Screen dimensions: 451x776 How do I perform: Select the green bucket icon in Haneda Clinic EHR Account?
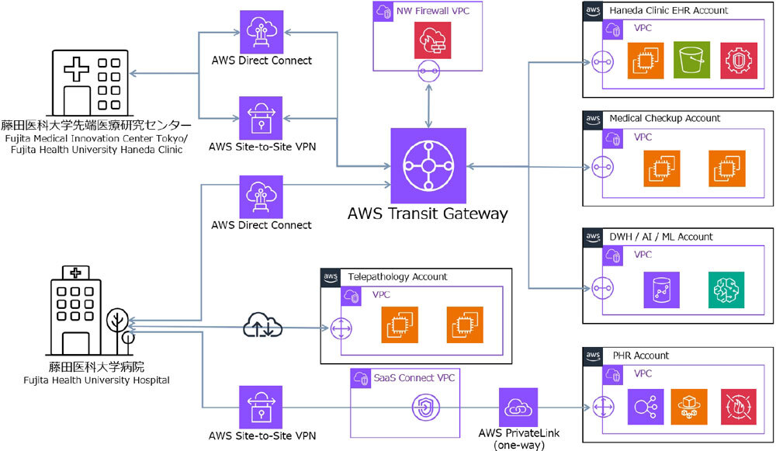coord(691,60)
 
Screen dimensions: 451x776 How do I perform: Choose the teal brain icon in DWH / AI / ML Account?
coord(726,290)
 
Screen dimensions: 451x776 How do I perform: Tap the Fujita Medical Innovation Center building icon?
coord(88,81)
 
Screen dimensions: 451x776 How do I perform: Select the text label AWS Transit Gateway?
coord(428,213)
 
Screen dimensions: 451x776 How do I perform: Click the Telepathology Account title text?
coord(397,276)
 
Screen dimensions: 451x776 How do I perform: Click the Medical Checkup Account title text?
coord(665,118)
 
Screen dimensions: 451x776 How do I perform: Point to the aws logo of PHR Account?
coord(592,356)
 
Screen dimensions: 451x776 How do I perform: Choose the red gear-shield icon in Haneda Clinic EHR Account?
coord(739,60)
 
